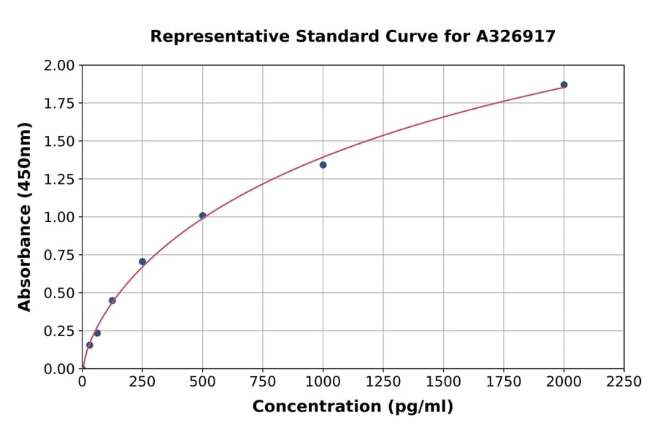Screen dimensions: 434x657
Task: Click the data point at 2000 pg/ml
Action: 564,85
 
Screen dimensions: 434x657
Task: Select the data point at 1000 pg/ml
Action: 323,165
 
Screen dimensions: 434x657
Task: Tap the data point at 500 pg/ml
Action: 203,216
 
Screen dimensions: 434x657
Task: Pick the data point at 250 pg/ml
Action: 142,262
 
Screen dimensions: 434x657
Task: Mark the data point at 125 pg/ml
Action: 112,300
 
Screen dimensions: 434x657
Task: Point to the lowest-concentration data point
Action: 90,345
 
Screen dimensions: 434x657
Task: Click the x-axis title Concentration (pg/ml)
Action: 353,407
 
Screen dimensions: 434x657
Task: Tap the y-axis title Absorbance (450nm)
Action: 25,217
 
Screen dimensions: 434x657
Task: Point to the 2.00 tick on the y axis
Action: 59,66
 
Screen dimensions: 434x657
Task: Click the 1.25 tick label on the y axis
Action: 59,179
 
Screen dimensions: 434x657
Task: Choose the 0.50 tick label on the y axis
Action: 59,293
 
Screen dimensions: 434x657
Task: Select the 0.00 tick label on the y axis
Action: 59,369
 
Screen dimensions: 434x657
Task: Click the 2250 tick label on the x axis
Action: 624,382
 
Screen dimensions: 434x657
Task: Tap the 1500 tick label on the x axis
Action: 443,382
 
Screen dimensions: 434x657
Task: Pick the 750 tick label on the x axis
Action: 263,382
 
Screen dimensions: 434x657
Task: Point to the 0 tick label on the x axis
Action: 82,382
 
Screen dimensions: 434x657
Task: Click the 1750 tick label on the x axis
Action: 504,382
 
